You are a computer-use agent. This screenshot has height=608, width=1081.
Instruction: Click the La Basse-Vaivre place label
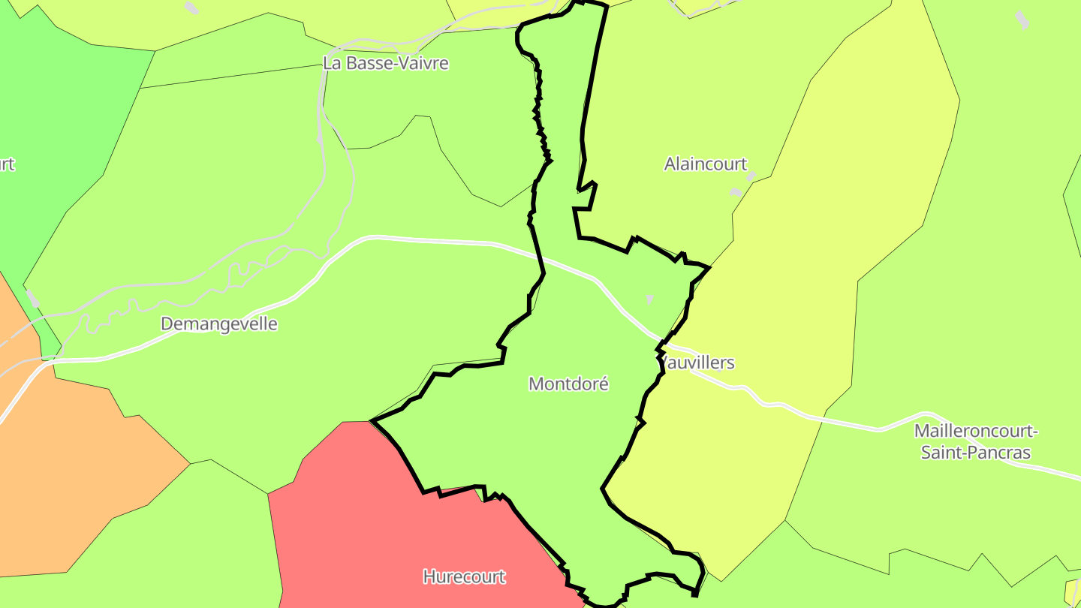386,63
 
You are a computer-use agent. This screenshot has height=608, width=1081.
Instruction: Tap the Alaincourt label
706,164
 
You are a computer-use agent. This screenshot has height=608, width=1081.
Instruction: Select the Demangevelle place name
219,324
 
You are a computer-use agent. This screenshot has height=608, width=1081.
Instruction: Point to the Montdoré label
568,384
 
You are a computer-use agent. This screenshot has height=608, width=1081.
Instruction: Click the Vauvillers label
698,363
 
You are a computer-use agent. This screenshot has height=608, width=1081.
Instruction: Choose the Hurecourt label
464,577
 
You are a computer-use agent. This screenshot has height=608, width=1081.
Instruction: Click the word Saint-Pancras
976,453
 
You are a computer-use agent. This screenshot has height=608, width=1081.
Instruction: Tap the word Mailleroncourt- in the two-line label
976,432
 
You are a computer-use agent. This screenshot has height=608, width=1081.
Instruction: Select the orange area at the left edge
68,465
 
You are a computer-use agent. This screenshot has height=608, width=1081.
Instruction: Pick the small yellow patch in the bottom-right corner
1073,591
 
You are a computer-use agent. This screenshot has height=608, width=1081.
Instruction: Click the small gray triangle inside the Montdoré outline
649,299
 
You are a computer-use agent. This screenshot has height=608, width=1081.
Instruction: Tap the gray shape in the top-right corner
1022,19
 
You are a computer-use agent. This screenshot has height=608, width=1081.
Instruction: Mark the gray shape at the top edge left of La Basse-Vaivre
192,8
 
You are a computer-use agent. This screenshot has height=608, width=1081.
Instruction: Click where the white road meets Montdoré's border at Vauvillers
661,343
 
